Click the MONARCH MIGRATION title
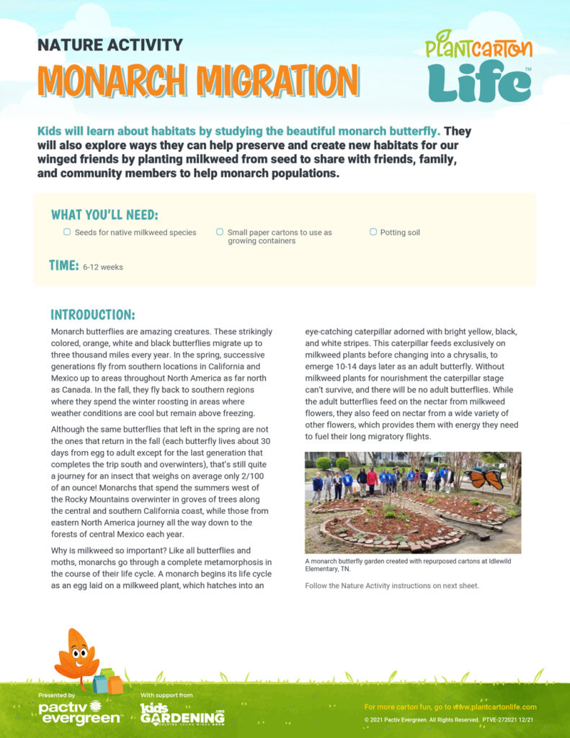(197, 81)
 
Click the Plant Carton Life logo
(478, 66)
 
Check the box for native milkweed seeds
(67, 232)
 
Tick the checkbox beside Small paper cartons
(220, 232)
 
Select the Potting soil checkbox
(373, 232)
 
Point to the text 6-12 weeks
(102, 267)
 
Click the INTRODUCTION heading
(92, 315)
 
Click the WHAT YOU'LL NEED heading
(104, 215)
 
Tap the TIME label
(63, 265)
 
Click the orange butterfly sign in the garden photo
(484, 478)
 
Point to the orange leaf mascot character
(77, 657)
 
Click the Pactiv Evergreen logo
(80, 714)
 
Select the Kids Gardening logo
(182, 714)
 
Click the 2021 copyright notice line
(449, 720)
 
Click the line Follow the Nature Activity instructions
(391, 585)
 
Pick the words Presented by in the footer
(56, 695)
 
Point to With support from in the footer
(166, 695)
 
